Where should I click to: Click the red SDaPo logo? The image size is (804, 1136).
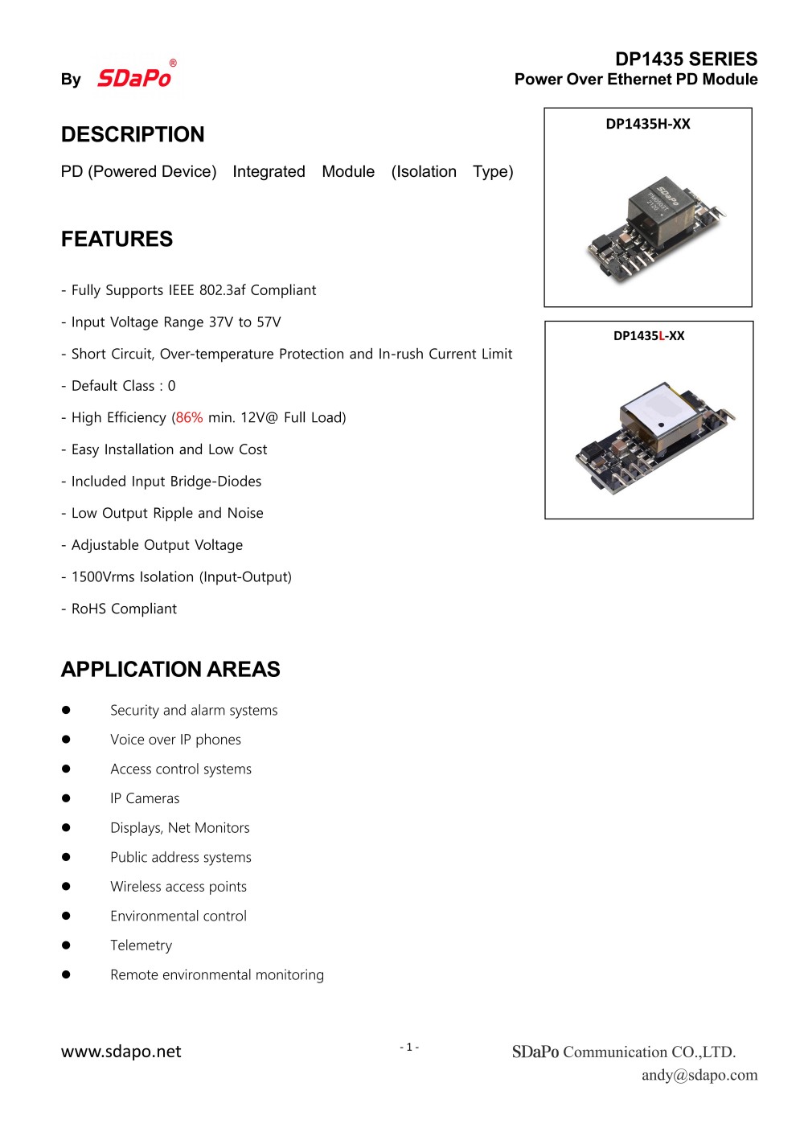(x=134, y=77)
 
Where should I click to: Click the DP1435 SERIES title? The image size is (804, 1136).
(x=686, y=59)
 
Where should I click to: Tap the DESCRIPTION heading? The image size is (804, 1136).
(x=133, y=134)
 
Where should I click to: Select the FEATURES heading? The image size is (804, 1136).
(x=117, y=239)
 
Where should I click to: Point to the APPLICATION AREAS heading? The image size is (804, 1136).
(x=170, y=669)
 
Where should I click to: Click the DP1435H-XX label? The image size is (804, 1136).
(x=648, y=124)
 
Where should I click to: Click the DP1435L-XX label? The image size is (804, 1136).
(x=649, y=336)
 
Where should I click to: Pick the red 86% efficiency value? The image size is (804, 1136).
(x=189, y=417)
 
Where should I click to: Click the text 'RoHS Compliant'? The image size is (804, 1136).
(x=124, y=609)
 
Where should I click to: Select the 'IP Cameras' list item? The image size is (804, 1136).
(x=145, y=798)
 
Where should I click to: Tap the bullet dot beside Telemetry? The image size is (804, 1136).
(x=66, y=945)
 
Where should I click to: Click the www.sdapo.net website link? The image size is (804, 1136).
(x=121, y=1052)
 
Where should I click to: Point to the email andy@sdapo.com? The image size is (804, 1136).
(x=699, y=1075)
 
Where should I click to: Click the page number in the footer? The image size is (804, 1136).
(x=409, y=1047)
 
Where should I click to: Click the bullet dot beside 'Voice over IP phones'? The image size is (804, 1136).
(x=66, y=740)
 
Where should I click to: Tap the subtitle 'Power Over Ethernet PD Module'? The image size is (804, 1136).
(x=636, y=80)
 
